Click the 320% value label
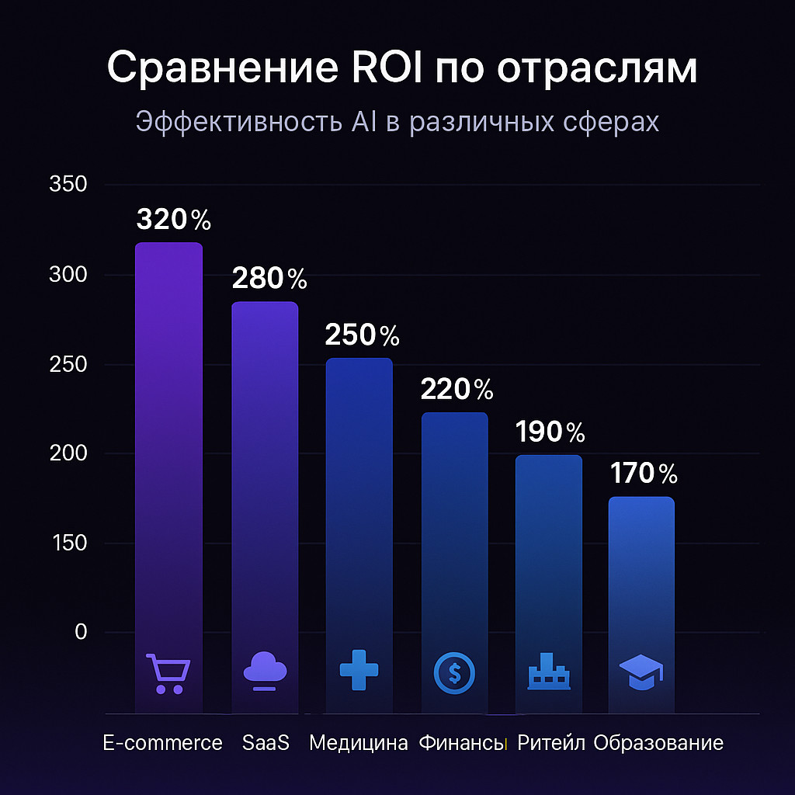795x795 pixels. (173, 220)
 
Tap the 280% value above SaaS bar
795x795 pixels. (269, 278)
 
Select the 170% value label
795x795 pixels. (644, 473)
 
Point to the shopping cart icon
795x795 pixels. (168, 673)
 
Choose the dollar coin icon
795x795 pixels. (454, 672)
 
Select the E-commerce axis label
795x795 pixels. (163, 743)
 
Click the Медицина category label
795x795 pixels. (358, 743)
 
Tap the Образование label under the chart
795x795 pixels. (658, 743)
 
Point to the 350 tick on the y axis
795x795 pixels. (68, 185)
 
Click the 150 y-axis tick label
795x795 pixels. (68, 543)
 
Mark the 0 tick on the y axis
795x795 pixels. (81, 632)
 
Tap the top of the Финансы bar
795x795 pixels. (454, 415)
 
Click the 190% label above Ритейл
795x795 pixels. (550, 432)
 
